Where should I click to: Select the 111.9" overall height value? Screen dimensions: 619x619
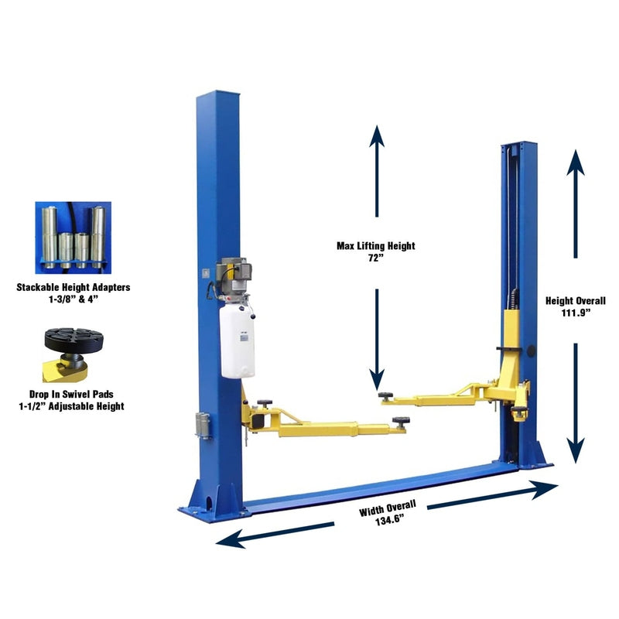tap(575, 313)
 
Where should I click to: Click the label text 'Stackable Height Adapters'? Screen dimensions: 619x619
tap(74, 287)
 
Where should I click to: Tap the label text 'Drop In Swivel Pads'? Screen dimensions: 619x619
tap(74, 394)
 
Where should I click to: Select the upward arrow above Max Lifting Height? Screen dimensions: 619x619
tap(377, 170)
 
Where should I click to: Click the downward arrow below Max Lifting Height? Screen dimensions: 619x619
tap(377, 340)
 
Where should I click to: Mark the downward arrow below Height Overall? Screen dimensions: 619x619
tap(575, 402)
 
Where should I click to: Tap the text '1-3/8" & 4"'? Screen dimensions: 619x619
tap(74, 299)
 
